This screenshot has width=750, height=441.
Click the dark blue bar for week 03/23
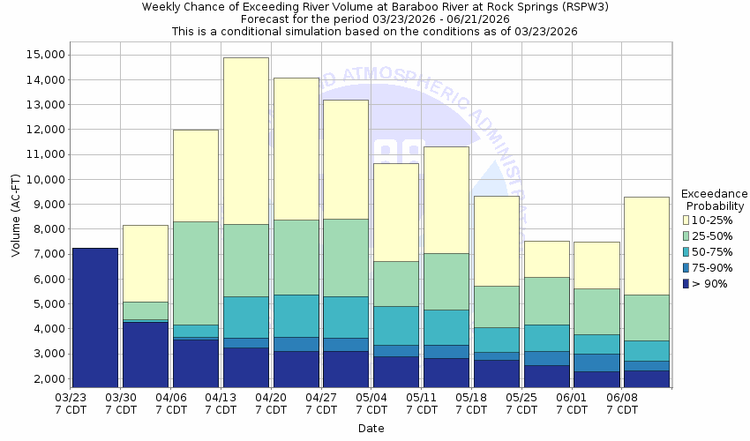(x=95, y=318)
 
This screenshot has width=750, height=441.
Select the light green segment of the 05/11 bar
(x=446, y=281)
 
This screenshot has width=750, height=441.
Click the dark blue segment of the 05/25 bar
(x=546, y=376)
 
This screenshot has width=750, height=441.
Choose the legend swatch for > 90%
(x=687, y=284)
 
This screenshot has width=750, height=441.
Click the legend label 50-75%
(x=712, y=252)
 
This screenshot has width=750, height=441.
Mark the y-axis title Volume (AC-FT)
(x=17, y=216)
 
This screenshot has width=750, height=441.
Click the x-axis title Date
(x=371, y=429)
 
